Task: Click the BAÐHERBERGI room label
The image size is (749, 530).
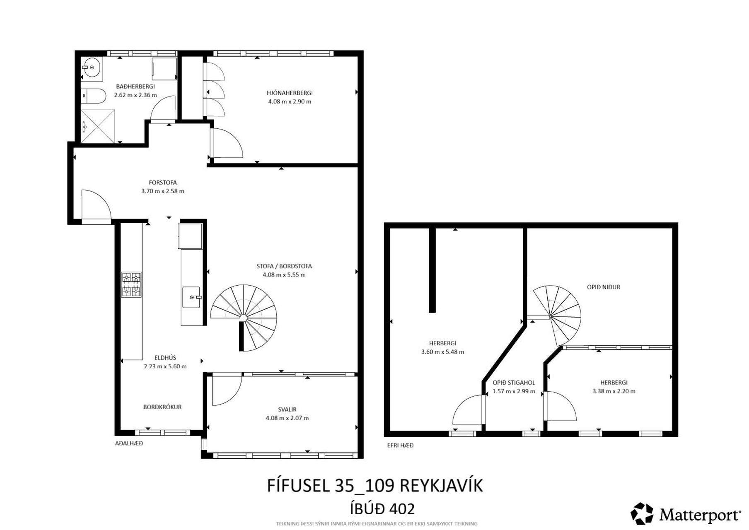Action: [135, 87]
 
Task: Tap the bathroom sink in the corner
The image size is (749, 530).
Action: [91, 66]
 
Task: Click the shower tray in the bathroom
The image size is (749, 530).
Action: [98, 126]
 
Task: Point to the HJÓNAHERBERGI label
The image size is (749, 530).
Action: [290, 93]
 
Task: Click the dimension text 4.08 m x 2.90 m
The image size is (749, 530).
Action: [290, 101]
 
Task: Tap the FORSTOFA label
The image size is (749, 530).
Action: [163, 183]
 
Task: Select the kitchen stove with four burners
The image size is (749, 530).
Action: [131, 284]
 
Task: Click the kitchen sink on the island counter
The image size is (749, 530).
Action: [192, 297]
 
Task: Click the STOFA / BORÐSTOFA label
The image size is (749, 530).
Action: [284, 266]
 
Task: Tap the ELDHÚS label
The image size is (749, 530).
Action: [165, 358]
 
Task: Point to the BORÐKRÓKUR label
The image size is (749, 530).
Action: [162, 407]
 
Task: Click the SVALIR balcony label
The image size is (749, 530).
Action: [287, 410]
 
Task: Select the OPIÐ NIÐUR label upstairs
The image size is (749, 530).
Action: [604, 287]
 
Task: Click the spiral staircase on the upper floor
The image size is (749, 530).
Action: [556, 315]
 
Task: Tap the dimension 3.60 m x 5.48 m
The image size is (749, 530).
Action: [442, 352]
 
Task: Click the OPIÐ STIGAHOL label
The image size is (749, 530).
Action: [514, 383]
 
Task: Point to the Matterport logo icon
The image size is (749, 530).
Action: [642, 514]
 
